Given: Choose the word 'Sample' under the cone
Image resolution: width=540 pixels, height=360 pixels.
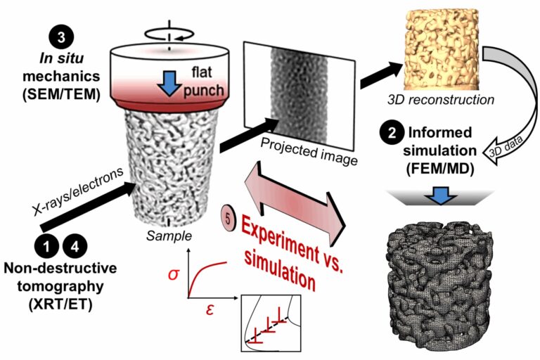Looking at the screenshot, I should (x=165, y=235).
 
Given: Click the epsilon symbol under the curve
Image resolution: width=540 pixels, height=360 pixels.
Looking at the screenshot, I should (x=209, y=308).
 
